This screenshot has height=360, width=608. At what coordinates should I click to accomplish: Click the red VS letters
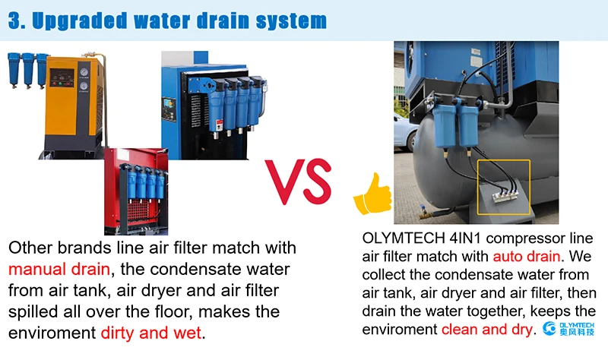tap(298, 182)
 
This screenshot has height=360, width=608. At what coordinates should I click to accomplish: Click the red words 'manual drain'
tap(59, 269)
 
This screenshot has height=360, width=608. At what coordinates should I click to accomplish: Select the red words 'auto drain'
tap(527, 256)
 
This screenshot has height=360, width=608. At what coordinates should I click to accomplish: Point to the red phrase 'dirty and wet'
tap(151, 333)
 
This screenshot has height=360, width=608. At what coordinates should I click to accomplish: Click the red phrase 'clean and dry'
tap(487, 330)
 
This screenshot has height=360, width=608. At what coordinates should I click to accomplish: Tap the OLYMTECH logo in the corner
tap(568, 328)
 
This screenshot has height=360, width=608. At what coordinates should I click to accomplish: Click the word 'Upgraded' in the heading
tap(80, 21)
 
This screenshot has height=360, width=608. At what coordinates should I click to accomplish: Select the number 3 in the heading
tap(14, 21)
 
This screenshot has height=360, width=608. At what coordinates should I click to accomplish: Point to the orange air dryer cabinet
tap(74, 106)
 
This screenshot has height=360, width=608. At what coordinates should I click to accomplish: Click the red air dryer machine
tap(136, 191)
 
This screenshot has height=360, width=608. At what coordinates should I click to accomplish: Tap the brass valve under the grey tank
tap(426, 213)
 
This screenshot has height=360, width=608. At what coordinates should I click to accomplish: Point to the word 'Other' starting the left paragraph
tap(30, 248)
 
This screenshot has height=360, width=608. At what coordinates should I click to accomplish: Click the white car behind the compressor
tap(404, 132)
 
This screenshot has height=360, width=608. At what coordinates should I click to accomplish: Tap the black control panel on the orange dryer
tap(62, 78)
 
